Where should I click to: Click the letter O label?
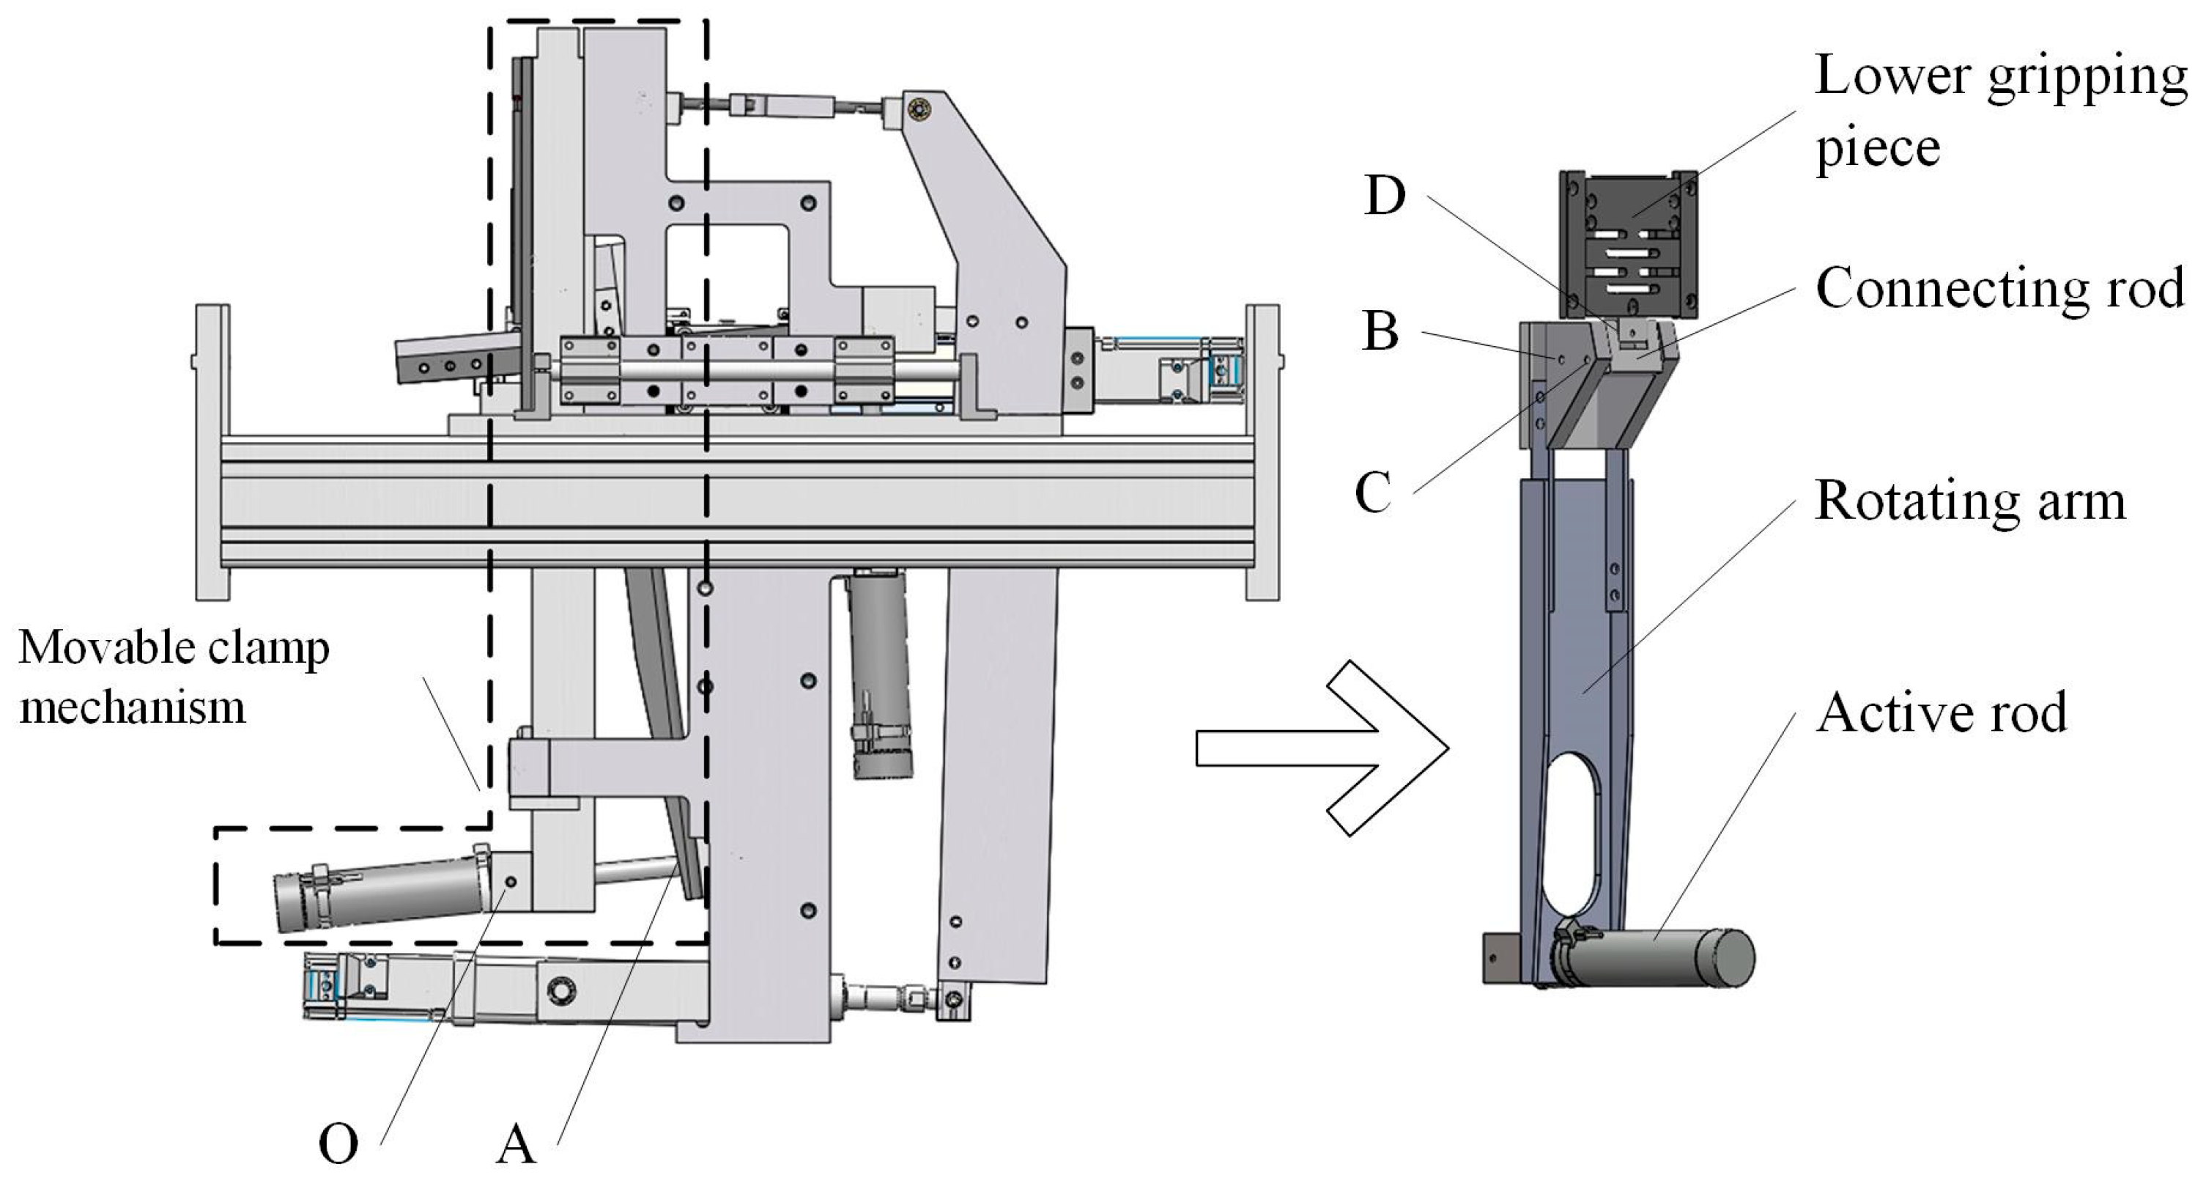pos(338,1144)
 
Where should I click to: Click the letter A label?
pos(516,1144)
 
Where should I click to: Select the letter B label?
pos(1380,331)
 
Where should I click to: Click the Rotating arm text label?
pos(1969,500)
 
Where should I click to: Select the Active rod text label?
pos(1941,713)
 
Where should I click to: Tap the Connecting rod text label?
pos(1999,289)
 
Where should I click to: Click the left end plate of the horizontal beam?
pos(212,452)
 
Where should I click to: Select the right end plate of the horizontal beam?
pos(1262,452)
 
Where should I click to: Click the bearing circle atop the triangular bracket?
pos(921,110)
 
